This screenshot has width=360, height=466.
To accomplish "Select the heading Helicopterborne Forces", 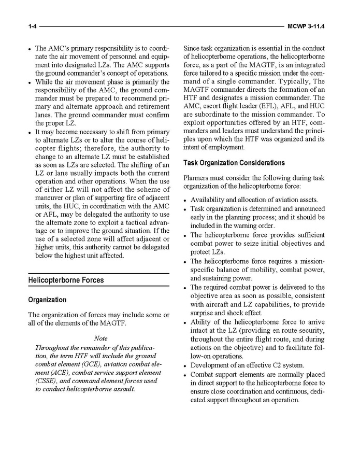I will pos(66,280).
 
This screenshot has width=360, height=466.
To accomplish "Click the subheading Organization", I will pos(47,300).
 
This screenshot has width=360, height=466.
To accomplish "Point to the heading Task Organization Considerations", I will pos(234,163).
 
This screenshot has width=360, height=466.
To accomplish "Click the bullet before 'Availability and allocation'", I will pos(185,200).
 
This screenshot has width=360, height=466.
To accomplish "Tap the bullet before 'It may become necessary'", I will pos(31,132).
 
